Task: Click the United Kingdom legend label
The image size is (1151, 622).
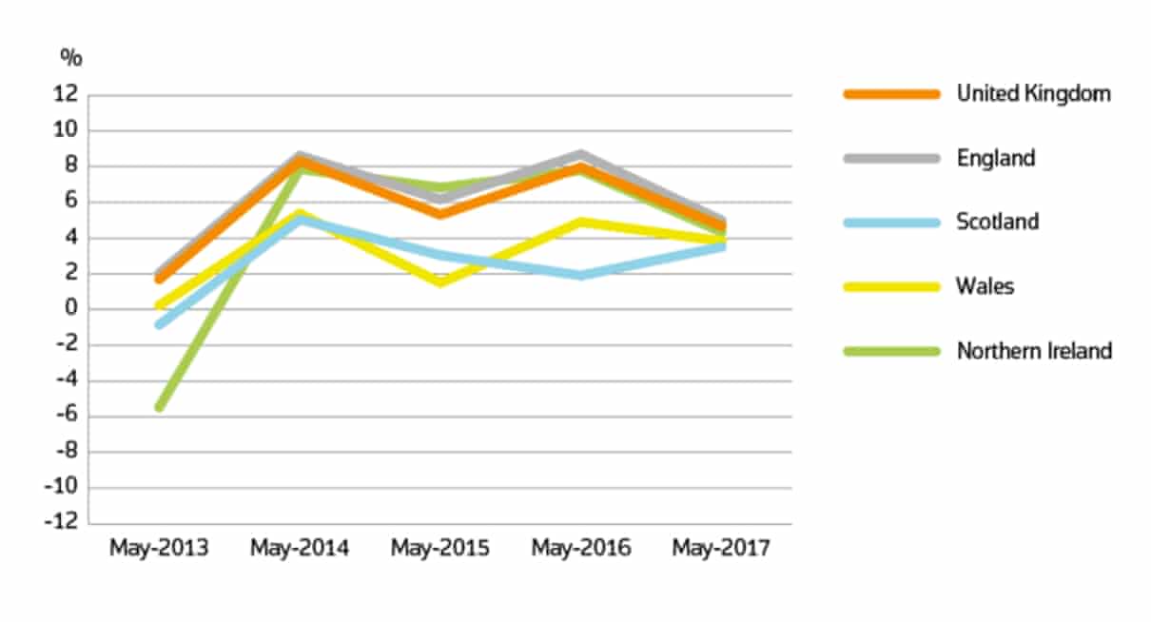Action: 1033,93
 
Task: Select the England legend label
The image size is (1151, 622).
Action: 995,158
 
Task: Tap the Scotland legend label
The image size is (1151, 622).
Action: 997,222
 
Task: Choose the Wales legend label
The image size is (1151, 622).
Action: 985,286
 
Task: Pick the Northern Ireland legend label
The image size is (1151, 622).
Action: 1033,351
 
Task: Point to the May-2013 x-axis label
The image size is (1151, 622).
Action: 159,549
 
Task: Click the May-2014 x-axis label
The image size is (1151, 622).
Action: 300,549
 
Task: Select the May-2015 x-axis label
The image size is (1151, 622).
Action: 440,549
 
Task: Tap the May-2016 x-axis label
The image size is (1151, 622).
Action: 580,549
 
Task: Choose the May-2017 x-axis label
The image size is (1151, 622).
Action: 721,549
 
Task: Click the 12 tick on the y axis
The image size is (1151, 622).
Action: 66,94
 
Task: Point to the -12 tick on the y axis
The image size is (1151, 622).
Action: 63,523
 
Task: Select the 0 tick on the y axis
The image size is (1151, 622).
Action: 69,309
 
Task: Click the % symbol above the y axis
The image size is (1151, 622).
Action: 71,57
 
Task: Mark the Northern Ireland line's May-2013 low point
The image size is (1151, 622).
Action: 159,407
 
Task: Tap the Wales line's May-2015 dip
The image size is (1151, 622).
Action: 440,282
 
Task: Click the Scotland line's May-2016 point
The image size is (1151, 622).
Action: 580,275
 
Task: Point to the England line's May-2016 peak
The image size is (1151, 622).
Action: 580,154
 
